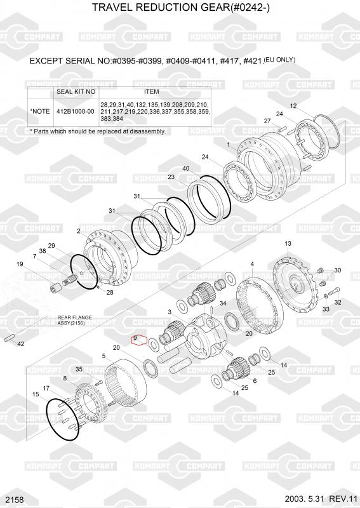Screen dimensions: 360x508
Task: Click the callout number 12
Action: coord(293,106)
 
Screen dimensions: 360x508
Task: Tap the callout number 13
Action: coord(288,243)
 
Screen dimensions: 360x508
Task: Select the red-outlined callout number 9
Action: coord(135,338)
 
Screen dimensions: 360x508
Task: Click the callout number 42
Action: coord(20,344)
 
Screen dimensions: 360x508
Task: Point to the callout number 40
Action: coord(186,168)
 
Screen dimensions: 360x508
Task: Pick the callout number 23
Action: coord(171,177)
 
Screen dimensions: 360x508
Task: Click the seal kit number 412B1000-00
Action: coord(75,112)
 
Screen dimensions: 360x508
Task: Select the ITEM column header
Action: coord(151,91)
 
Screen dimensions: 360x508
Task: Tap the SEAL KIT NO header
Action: coord(76,91)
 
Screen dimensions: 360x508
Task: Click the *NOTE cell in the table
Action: coord(40,112)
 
